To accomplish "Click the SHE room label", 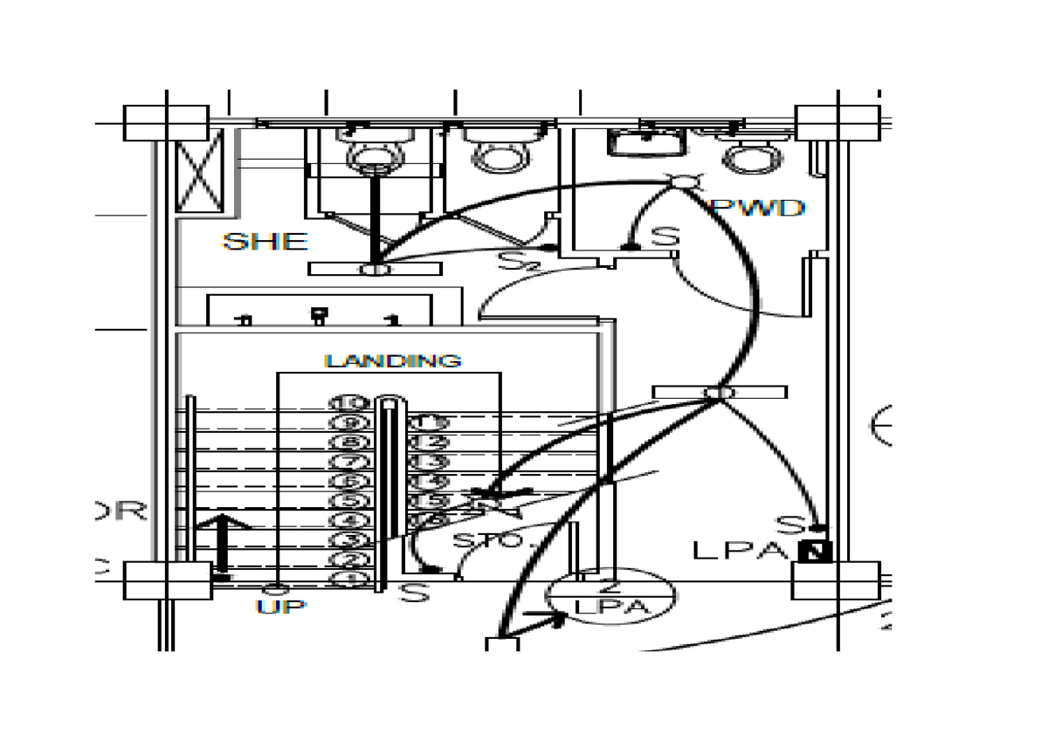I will point(265,242).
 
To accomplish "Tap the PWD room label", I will point(757,209).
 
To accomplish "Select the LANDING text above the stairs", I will point(393,360).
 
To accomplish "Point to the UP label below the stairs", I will point(281,607).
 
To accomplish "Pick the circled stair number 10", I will point(348,403).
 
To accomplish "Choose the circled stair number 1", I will point(348,580).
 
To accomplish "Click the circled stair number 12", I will point(427,443).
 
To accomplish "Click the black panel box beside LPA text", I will point(818,552).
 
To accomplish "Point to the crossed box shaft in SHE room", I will point(199,172).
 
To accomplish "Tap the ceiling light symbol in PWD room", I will point(684,181).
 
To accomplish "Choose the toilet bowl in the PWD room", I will point(753,155).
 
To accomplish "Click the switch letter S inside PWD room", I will point(666,237).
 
